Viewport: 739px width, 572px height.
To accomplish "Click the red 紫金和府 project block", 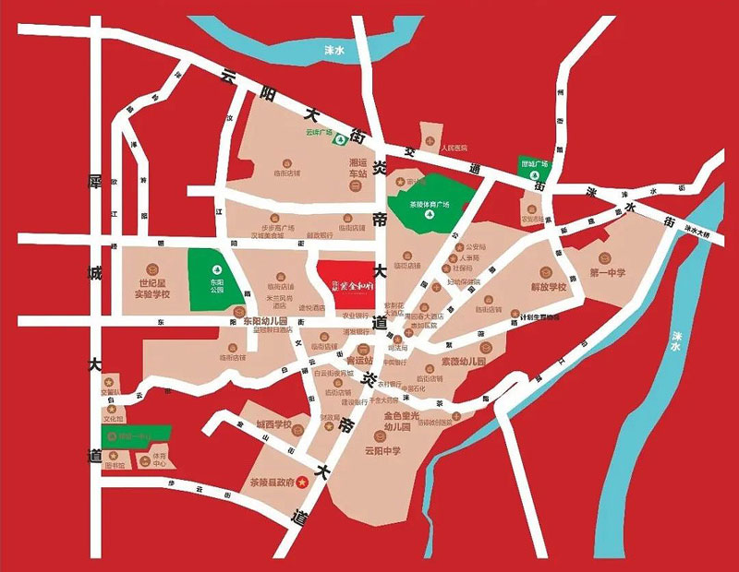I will pyautogui.click(x=345, y=280).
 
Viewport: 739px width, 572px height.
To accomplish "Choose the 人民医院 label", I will pyautogui.click(x=454, y=148).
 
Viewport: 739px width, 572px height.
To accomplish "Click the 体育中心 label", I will pyautogui.click(x=160, y=459).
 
